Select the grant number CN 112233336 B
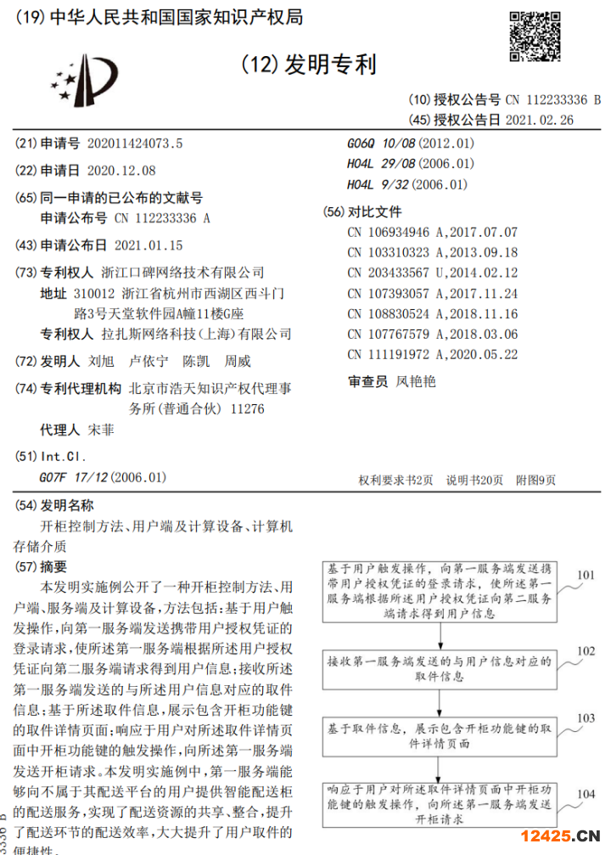552,99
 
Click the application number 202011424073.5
134,143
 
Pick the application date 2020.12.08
121,170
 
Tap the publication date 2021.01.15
148,245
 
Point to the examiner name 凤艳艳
416,381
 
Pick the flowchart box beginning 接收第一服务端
440,668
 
